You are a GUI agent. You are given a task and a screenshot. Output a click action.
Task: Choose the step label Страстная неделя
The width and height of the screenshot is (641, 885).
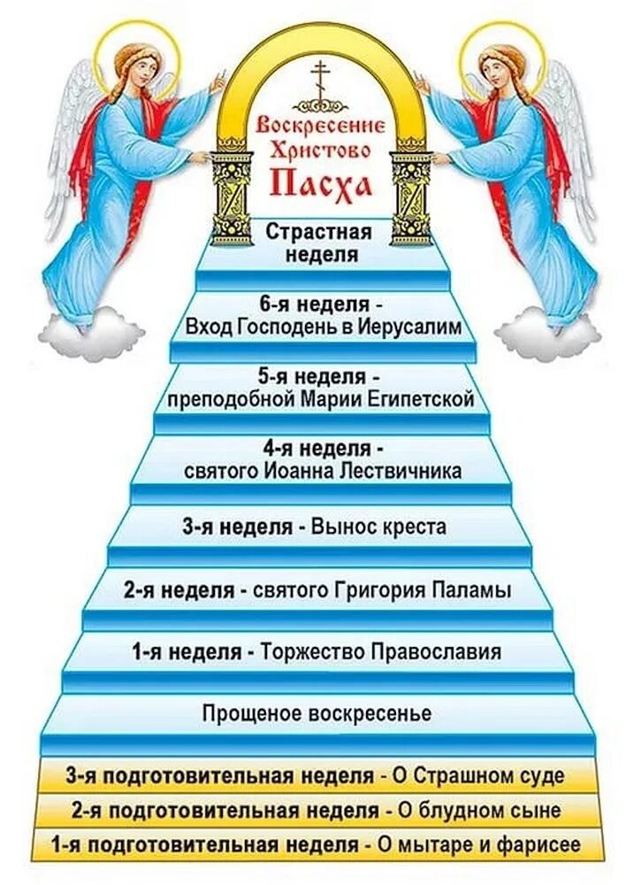(x=320, y=244)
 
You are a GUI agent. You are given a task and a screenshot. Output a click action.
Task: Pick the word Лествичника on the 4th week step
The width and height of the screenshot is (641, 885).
(x=408, y=471)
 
